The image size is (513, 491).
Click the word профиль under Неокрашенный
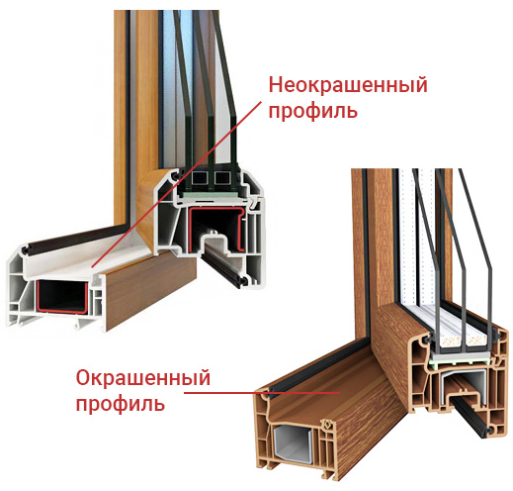coord(312,109)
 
